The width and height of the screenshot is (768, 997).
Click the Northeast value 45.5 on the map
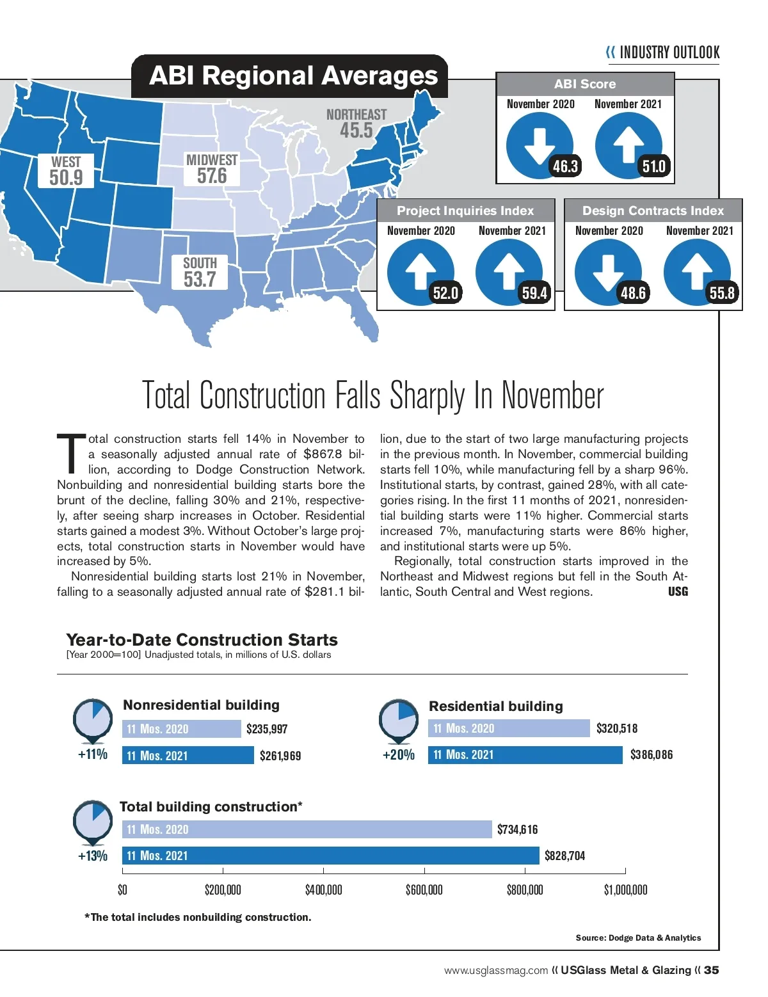pyautogui.click(x=356, y=131)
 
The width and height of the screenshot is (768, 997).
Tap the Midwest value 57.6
pyautogui.click(x=212, y=175)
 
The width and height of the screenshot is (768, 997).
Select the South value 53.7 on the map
pyautogui.click(x=200, y=279)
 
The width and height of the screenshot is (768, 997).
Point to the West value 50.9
pyautogui.click(x=66, y=177)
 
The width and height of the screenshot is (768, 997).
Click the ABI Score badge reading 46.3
pyautogui.click(x=565, y=166)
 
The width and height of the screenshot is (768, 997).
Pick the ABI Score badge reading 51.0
pyautogui.click(x=653, y=166)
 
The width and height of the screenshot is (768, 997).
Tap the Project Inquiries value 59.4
pyautogui.click(x=534, y=293)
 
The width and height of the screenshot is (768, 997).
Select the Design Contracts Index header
pyautogui.click(x=653, y=211)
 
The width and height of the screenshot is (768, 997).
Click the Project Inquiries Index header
pyautogui.click(x=465, y=211)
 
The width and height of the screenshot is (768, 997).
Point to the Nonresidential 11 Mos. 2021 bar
pyautogui.click(x=188, y=755)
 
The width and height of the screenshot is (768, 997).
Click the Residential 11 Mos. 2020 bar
pyautogui.click(x=509, y=728)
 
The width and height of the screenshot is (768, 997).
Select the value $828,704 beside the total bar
pyautogui.click(x=564, y=856)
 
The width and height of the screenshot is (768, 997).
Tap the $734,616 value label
pyautogui.click(x=517, y=829)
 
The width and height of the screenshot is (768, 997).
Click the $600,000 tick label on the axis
pyautogui.click(x=424, y=889)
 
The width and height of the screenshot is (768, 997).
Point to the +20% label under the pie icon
pyautogui.click(x=399, y=754)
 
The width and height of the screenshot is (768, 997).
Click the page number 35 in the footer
pyautogui.click(x=711, y=970)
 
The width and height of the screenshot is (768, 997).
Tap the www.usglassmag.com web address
pyautogui.click(x=496, y=971)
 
